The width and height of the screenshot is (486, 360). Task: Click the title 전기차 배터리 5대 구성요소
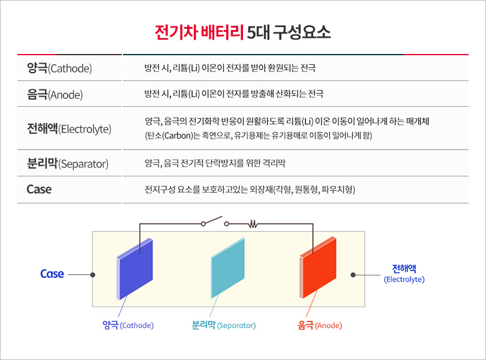(242, 32)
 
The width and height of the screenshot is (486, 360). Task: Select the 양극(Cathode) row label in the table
(59, 68)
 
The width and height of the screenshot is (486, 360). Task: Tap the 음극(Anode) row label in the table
(55, 94)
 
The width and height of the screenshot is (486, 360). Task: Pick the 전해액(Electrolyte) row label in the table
(69, 128)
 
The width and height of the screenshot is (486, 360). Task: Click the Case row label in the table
(39, 190)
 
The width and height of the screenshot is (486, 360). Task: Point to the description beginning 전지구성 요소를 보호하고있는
(250, 190)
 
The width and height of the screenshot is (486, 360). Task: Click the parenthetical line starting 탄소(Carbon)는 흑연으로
(259, 135)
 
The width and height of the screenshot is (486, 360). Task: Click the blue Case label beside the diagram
(52, 274)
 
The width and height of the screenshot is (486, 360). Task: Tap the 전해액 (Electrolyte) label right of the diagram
(404, 274)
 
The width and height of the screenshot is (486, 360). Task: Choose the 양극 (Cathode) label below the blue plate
(128, 325)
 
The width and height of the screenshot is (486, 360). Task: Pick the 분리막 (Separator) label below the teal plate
(223, 325)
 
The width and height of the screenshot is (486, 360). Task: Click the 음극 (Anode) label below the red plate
(320, 325)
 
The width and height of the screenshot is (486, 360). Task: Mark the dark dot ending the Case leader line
(92, 275)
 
